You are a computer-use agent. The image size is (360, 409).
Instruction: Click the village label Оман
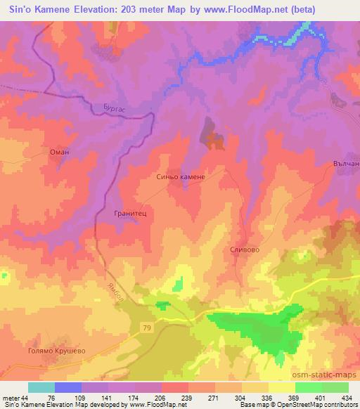tap(58, 150)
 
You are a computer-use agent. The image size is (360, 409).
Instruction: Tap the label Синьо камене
tap(181, 178)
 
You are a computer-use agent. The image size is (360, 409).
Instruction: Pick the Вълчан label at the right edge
tap(345, 163)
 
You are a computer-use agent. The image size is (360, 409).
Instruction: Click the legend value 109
tap(82, 397)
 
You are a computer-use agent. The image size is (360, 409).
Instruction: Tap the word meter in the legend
tap(10, 397)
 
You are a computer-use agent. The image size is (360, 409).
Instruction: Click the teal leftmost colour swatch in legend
tap(41, 387)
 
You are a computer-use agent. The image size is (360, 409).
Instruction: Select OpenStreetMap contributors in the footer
tap(314, 405)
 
